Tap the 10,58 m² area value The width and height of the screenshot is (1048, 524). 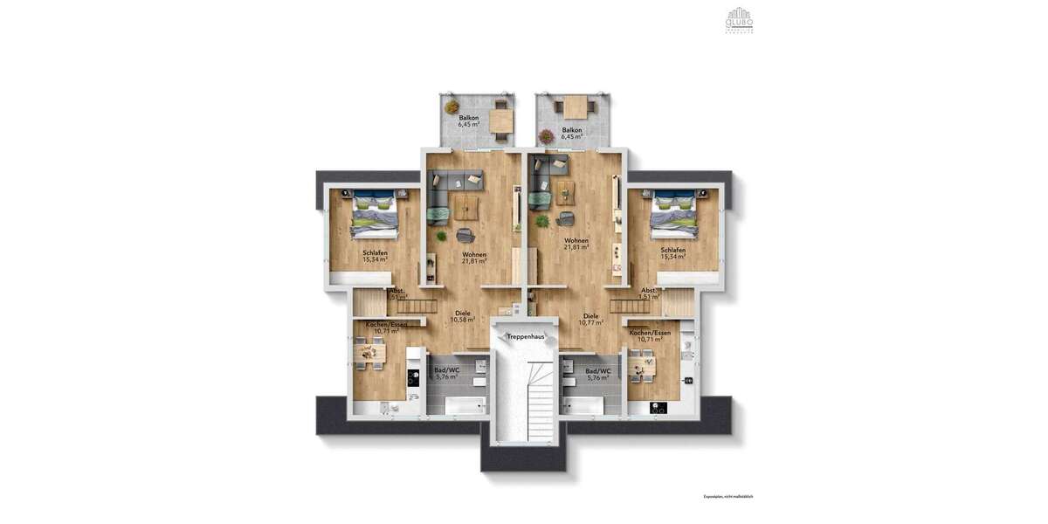coord(463,320)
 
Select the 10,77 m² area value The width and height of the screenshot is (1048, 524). coord(590,322)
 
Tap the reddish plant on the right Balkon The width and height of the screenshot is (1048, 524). coord(547,136)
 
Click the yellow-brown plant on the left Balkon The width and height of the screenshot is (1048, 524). coord(452,107)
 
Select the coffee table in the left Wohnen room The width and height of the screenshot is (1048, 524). coord(465,207)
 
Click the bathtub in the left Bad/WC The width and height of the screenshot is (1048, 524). coord(464,405)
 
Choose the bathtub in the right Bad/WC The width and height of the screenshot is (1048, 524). coord(583,405)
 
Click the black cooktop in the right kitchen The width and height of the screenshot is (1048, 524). coord(659,406)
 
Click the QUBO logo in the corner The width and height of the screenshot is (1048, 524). coord(739,19)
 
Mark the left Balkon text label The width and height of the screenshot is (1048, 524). coord(469,117)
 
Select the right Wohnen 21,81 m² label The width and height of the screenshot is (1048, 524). coord(576,244)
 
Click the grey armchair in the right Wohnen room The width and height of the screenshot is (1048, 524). coord(566,218)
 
